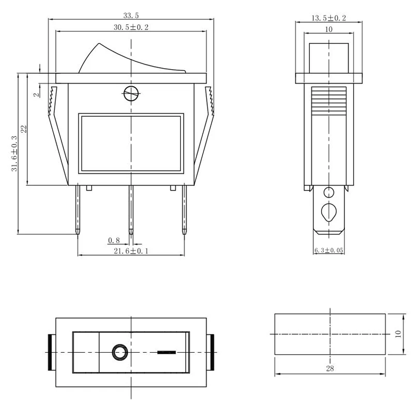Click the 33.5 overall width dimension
coord(131,15)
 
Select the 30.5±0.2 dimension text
coord(131,27)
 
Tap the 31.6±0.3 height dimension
coord(14,153)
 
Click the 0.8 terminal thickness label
coord(114,240)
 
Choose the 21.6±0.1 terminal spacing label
coord(131,251)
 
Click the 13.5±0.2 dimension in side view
coord(328,18)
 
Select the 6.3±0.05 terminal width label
coord(329,250)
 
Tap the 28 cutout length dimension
coord(330,368)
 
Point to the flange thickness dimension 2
coord(37,93)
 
